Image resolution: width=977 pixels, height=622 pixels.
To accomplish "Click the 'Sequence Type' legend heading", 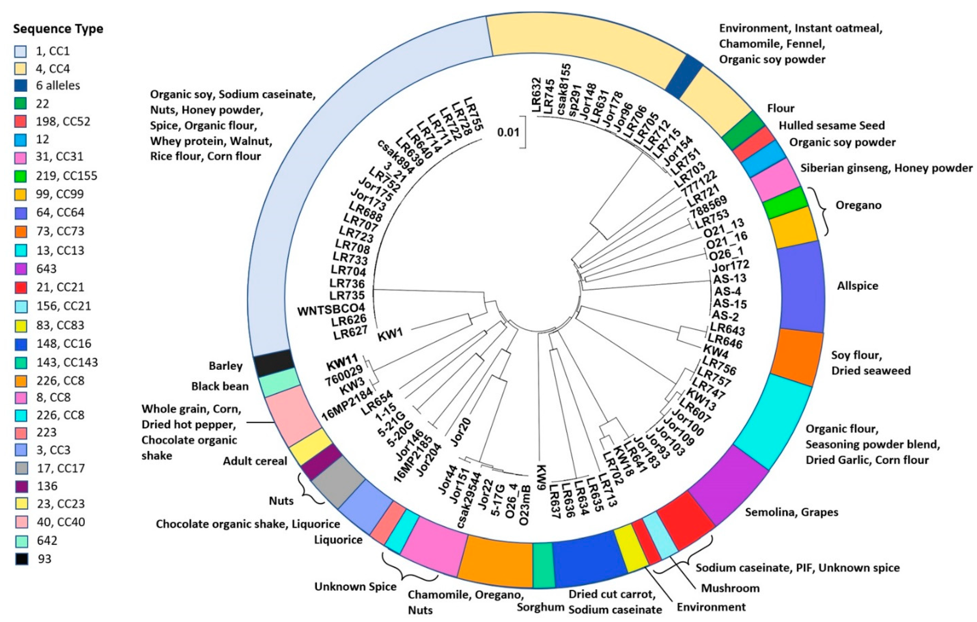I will (58, 29).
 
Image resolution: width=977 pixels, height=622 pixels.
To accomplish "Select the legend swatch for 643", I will (21, 269).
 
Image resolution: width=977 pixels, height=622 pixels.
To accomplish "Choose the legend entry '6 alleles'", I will (58, 86).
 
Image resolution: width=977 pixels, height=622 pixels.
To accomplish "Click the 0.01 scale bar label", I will (508, 132).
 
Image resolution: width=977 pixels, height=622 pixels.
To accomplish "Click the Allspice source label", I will (857, 286).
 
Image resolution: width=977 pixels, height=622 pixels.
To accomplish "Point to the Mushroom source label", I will (730, 588).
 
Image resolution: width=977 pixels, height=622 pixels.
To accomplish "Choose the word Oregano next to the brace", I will (858, 205).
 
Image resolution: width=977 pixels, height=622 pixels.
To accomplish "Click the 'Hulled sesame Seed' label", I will (831, 126).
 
